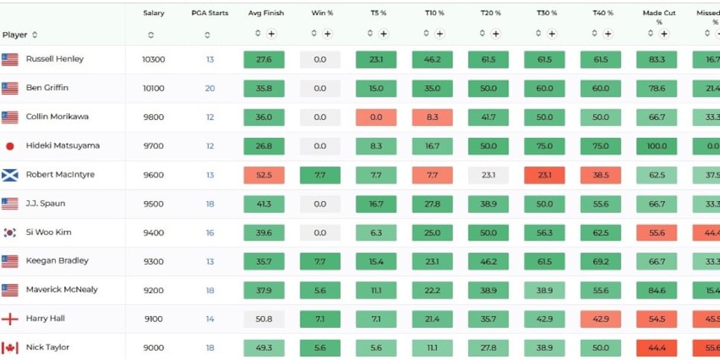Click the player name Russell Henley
click(x=54, y=59)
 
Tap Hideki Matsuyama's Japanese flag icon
click(x=10, y=146)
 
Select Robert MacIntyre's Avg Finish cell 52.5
click(x=264, y=175)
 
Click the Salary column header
click(x=154, y=13)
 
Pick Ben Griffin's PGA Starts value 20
click(x=209, y=88)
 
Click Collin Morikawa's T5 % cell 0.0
click(x=376, y=117)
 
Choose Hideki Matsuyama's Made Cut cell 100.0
click(x=657, y=146)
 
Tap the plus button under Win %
click(x=327, y=34)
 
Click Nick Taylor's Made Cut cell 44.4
click(x=657, y=348)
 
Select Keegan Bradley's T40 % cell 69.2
click(x=601, y=262)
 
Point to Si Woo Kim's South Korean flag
click(x=10, y=233)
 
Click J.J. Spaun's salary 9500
click(x=154, y=203)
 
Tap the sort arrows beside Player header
click(x=34, y=35)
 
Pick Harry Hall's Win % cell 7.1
click(x=320, y=319)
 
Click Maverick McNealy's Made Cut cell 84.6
click(x=657, y=290)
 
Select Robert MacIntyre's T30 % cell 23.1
click(x=544, y=175)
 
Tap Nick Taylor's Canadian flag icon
click(x=10, y=348)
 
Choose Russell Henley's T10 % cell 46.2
click(x=432, y=60)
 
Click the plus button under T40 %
click(x=607, y=34)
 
